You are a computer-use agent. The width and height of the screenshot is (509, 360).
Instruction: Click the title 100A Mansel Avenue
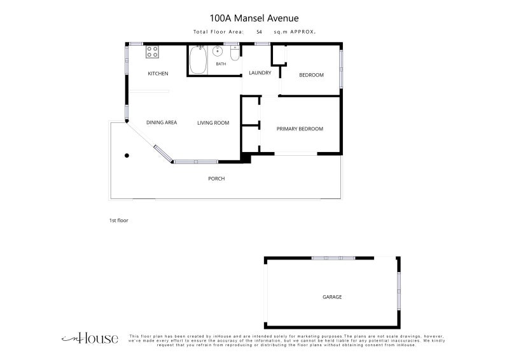click(254, 18)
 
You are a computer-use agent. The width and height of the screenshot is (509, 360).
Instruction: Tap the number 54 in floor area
click(259, 32)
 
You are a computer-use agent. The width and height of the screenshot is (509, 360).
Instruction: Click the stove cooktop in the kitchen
click(152, 52)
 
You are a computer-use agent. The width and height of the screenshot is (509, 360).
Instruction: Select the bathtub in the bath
click(198, 60)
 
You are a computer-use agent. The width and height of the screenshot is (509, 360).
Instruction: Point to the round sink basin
click(218, 51)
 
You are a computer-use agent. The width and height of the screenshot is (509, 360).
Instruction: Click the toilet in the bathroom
click(234, 53)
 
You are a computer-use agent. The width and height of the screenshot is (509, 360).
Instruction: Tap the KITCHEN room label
click(158, 74)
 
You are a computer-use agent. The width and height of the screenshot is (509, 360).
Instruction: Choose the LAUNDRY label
click(260, 73)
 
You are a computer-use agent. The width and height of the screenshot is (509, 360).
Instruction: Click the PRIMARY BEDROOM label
click(300, 129)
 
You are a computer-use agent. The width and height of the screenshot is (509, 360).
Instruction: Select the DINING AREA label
click(162, 122)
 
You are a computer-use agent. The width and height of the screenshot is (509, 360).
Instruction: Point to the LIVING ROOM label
click(213, 123)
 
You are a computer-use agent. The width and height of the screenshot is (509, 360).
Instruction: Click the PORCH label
click(216, 179)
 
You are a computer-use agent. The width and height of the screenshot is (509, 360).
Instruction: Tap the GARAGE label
click(332, 297)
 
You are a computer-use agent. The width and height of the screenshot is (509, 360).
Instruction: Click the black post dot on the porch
click(127, 155)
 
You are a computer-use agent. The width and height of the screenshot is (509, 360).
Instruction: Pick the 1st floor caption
click(119, 221)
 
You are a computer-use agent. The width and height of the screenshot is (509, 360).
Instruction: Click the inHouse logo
click(90, 338)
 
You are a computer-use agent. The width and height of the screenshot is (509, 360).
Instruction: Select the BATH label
click(221, 64)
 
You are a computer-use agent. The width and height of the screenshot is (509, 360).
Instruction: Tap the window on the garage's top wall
click(333, 258)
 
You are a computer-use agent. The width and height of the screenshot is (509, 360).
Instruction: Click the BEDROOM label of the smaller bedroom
click(311, 75)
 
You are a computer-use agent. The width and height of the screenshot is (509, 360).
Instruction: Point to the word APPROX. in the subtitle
click(303, 32)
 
